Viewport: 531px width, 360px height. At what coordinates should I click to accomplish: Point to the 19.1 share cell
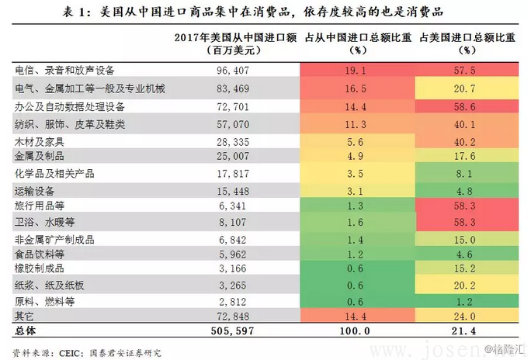tap(356, 69)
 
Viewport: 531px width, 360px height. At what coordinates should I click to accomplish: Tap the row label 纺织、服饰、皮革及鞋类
tap(70, 124)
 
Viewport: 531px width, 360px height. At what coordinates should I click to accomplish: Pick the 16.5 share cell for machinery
tap(356, 88)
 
